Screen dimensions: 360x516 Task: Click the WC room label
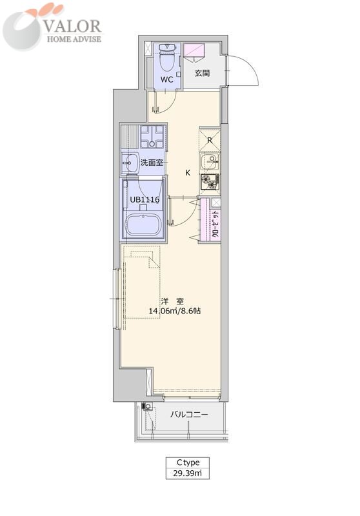(x=167, y=79)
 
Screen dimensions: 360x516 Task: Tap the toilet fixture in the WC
(x=167, y=57)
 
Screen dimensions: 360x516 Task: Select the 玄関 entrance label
(x=202, y=73)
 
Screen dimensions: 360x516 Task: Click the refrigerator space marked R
(x=210, y=140)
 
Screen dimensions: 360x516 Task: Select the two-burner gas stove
(x=210, y=182)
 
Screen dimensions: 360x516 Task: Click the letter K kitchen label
(x=188, y=172)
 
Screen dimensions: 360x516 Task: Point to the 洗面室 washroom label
(x=152, y=163)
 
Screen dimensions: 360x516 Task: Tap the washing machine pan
(x=152, y=136)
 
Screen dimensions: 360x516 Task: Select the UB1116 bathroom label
(x=145, y=199)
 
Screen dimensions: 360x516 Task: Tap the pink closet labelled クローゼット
(x=211, y=219)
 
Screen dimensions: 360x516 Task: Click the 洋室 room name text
(x=173, y=301)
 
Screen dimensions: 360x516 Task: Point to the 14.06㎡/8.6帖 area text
(x=175, y=310)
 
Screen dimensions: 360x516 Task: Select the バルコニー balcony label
(x=189, y=414)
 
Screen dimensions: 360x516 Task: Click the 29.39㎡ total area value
(x=187, y=473)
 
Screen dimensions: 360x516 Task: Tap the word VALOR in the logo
(x=73, y=26)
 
